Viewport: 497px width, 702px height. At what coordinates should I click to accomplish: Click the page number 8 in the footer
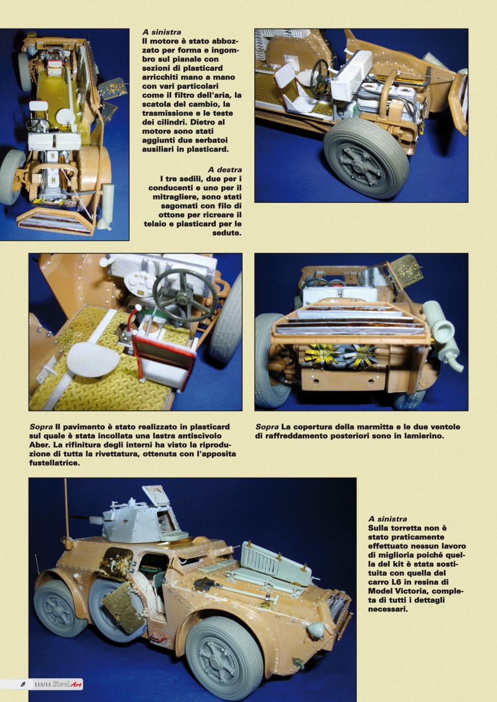coord(23,684)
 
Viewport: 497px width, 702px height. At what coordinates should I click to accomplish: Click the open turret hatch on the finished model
coord(157,495)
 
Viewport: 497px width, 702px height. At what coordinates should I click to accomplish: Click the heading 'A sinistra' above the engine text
coord(161,32)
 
